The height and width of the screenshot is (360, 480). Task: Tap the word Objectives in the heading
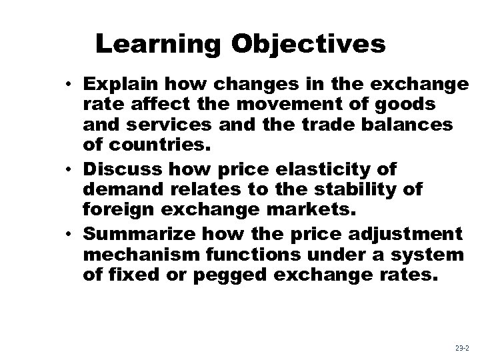coord(309,44)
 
